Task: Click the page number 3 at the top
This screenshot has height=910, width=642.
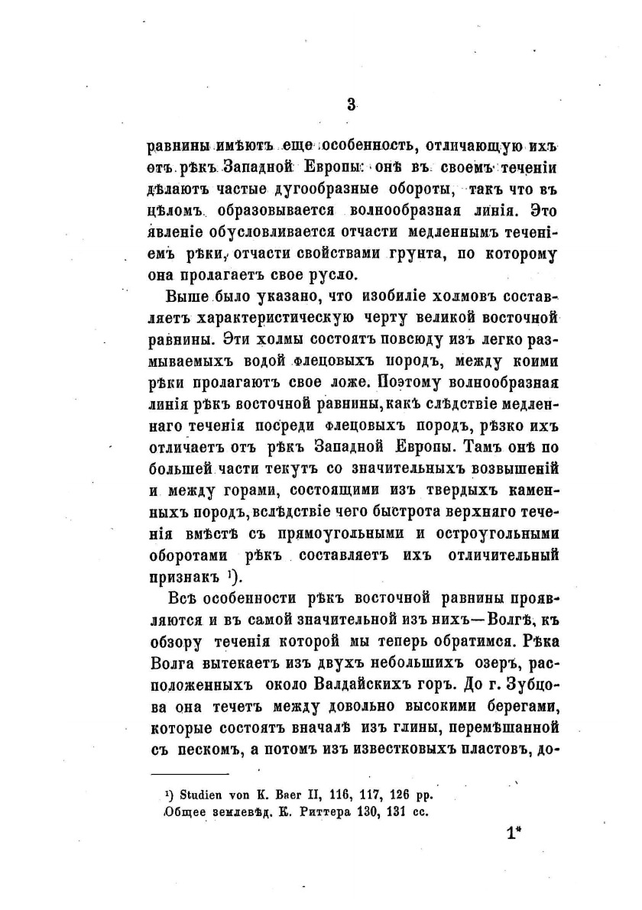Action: [352, 106]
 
